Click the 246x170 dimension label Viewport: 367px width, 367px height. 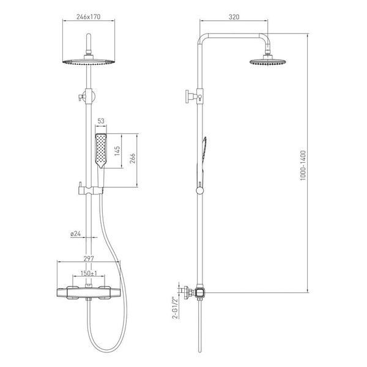point(89,17)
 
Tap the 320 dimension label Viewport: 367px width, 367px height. point(234,17)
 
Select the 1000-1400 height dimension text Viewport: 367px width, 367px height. point(303,165)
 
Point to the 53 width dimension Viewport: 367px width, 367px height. point(101,121)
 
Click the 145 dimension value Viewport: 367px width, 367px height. point(117,150)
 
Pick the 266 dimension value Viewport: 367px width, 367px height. point(133,158)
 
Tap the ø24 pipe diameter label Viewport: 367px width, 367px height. point(76,234)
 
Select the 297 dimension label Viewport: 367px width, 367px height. point(89,258)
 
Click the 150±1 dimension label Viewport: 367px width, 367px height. point(89,273)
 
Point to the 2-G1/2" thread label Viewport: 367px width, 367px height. point(175,308)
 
